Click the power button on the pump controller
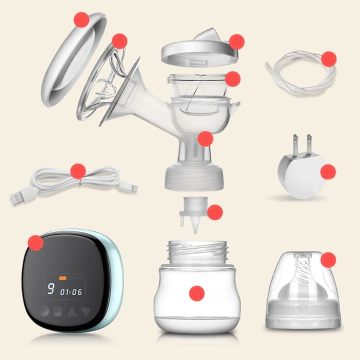(44, 312)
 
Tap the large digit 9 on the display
(51, 288)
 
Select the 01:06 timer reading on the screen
(71, 292)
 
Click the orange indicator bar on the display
(63, 278)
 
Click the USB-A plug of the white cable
(20, 196)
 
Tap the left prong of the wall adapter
(295, 145)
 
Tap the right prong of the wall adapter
(309, 144)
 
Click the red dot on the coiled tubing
(329, 59)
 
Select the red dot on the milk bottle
(197, 293)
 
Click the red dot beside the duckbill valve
(215, 212)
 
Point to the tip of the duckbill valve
(195, 234)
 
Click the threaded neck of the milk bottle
(197, 252)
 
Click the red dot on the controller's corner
(36, 243)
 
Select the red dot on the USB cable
(78, 171)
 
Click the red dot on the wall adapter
(328, 172)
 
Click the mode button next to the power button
(58, 312)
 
